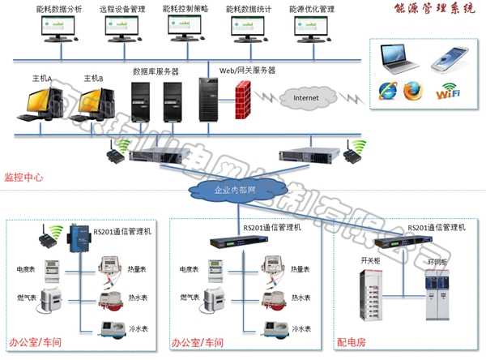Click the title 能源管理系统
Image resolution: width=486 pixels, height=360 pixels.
[437, 11]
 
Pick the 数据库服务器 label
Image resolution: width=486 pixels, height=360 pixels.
[156, 71]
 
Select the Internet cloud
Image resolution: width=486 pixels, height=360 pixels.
[305, 98]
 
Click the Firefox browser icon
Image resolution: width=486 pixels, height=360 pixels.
[413, 90]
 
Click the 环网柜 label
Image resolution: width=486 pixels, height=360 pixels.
[437, 263]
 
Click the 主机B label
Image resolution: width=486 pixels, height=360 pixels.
[94, 79]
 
